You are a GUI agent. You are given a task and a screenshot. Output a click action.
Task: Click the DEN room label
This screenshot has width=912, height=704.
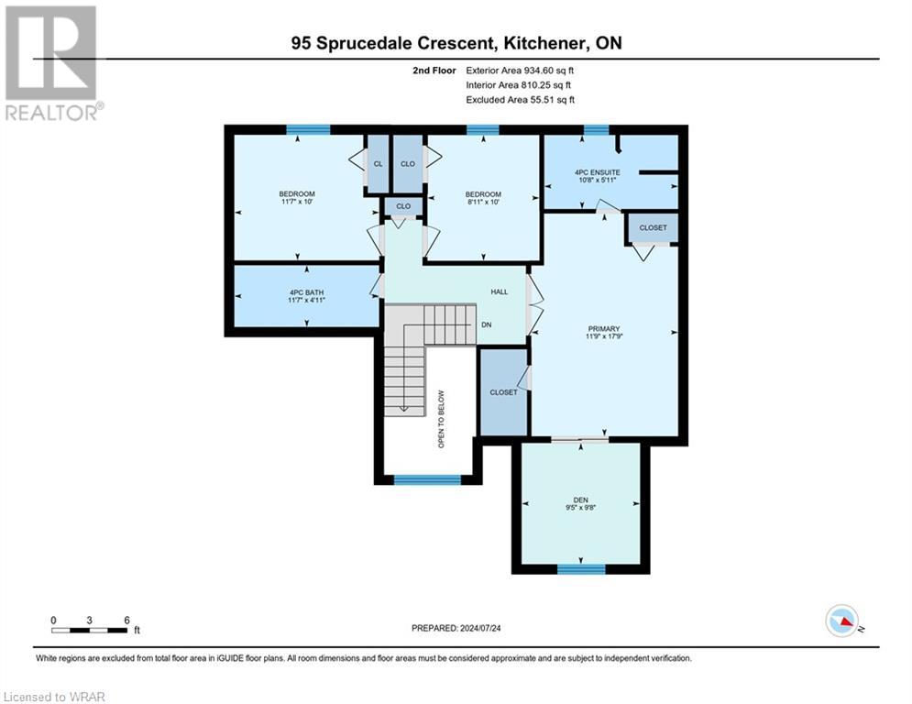coord(581,500)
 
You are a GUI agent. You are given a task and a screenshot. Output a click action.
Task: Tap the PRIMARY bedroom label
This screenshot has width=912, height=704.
coord(604,329)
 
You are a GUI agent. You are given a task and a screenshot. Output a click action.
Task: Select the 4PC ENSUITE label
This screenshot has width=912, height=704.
coord(598,171)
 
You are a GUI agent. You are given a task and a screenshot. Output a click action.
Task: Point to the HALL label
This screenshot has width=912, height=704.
coord(499,291)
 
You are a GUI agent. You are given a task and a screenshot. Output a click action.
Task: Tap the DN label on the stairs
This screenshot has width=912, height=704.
coord(487,324)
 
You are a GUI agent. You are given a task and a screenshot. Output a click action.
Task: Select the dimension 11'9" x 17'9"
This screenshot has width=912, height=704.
coord(604,337)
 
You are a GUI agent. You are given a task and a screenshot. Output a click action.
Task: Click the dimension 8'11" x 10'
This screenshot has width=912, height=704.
coord(482,203)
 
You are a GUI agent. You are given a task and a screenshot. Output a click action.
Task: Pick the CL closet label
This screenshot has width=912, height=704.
coord(377,164)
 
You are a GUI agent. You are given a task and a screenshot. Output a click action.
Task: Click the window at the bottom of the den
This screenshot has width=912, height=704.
coord(581,569)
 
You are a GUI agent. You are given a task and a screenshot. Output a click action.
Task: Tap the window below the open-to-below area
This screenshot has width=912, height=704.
coord(427,479)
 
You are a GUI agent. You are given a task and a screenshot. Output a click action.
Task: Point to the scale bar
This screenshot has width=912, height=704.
coord(90,629)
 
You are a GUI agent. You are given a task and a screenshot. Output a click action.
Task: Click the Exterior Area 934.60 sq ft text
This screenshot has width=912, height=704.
coord(520,70)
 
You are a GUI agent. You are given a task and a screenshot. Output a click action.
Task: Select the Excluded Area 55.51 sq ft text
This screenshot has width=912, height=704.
coord(520,100)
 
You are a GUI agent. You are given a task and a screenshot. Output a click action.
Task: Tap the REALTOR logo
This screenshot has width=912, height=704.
coord(52,62)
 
